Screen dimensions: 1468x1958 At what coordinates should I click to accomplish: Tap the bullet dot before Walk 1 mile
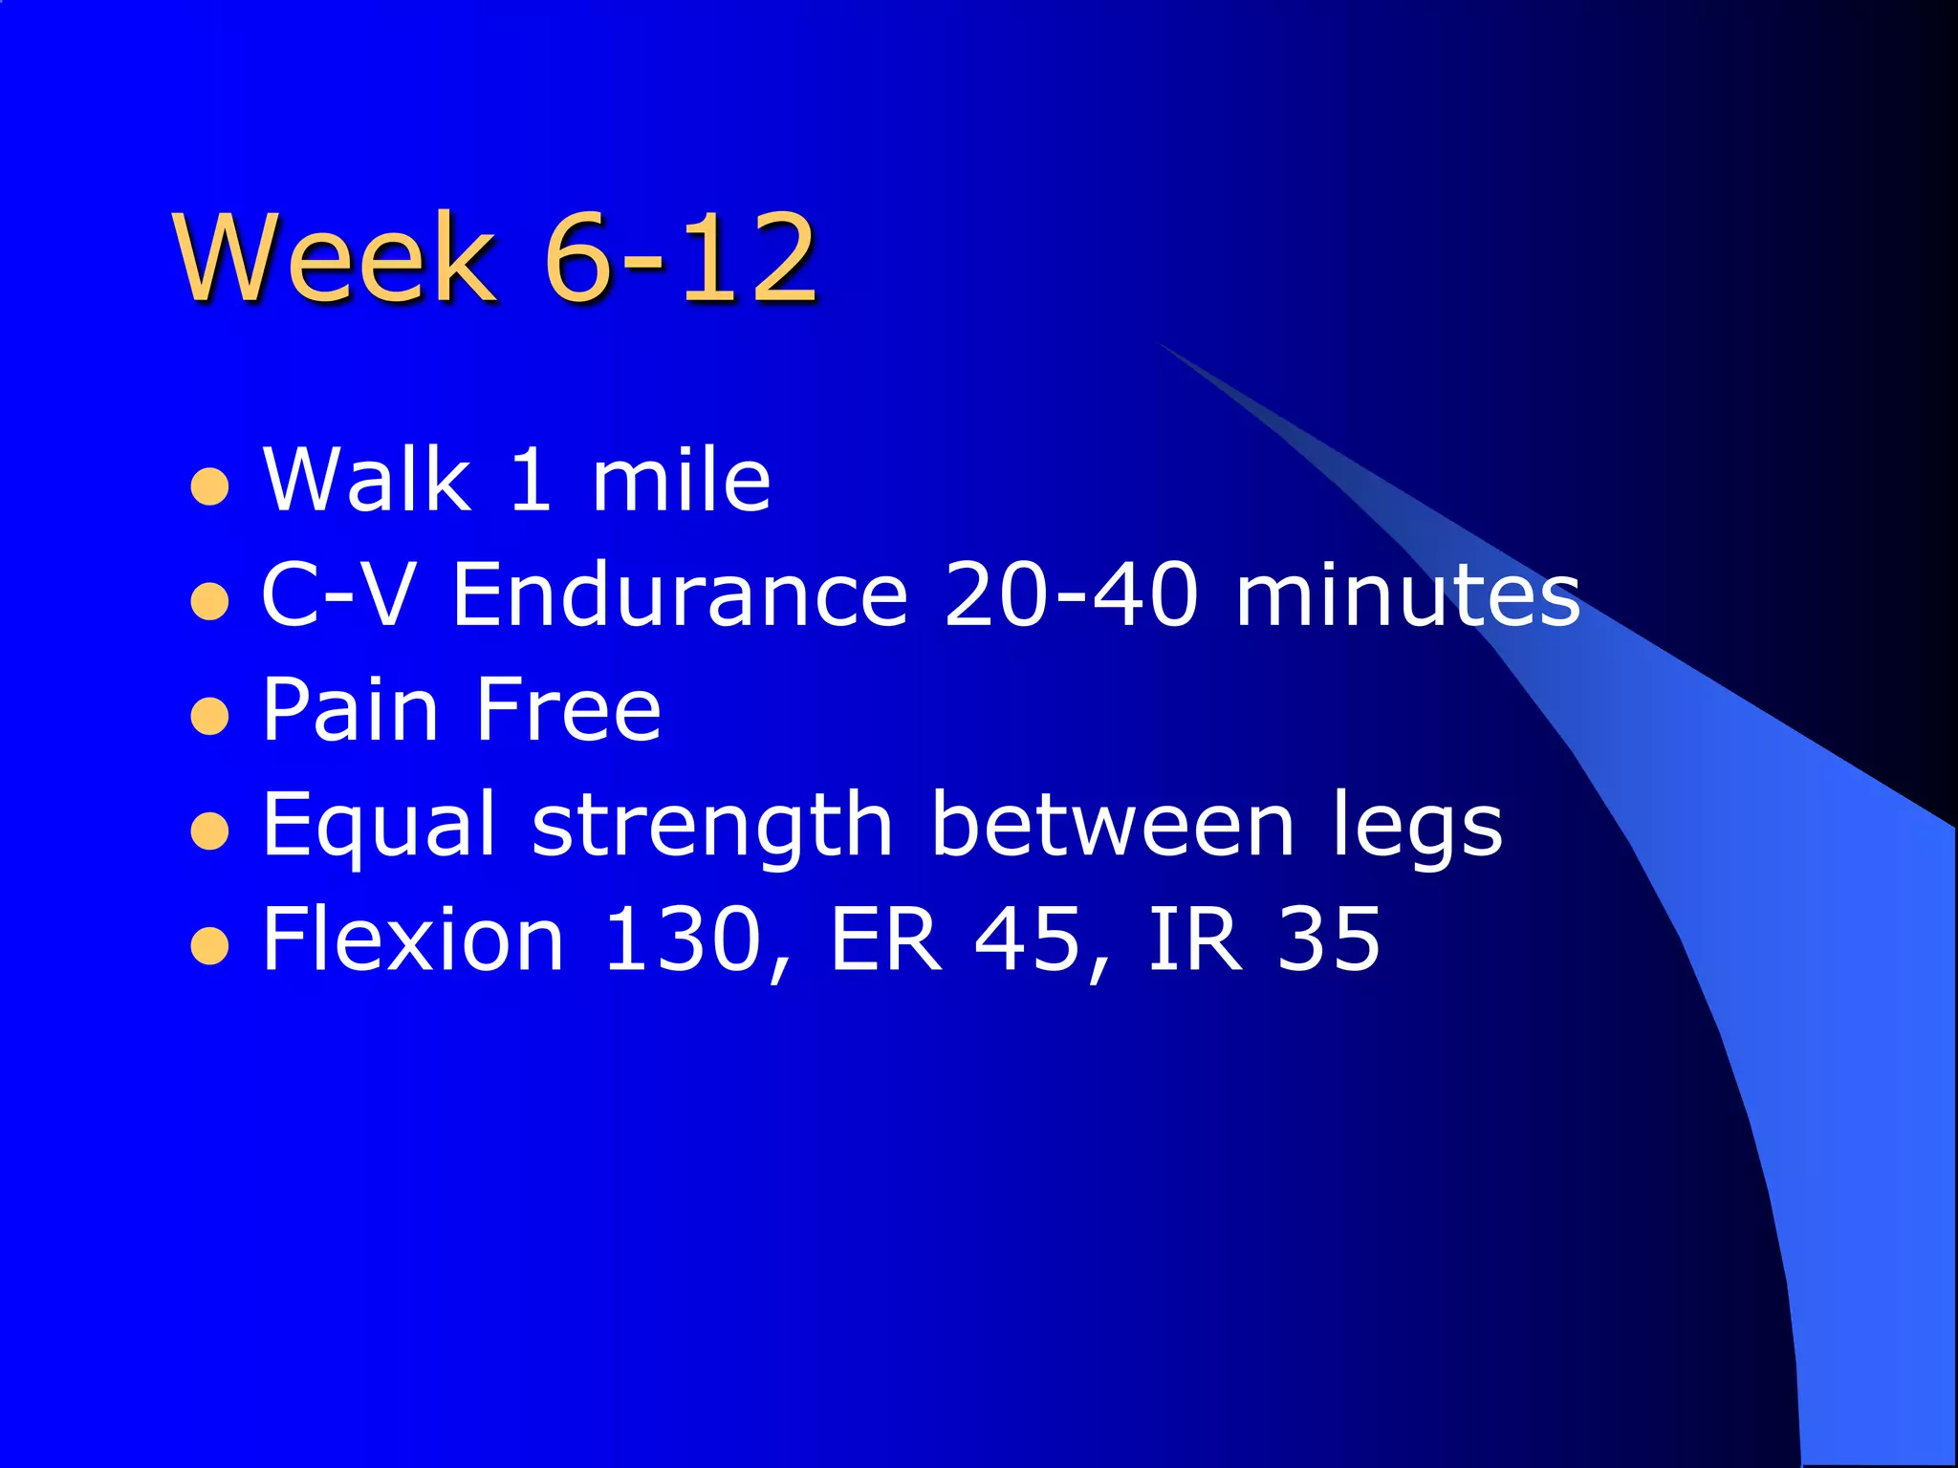click(x=210, y=486)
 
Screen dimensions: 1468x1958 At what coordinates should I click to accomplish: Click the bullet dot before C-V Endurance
click(x=210, y=602)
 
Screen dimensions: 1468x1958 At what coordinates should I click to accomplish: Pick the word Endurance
click(x=680, y=594)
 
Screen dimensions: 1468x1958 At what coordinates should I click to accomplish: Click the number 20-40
click(x=1070, y=594)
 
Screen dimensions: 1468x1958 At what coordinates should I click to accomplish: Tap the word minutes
click(x=1407, y=594)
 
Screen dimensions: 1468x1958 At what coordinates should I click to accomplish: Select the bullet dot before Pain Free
click(x=210, y=717)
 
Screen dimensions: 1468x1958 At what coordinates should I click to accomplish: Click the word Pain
click(x=350, y=709)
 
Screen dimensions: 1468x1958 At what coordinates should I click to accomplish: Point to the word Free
click(x=568, y=709)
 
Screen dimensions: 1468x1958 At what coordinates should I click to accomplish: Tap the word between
click(x=1113, y=824)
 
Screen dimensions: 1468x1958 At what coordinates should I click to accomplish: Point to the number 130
click(x=683, y=939)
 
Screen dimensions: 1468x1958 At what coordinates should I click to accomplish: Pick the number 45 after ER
click(x=1027, y=939)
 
